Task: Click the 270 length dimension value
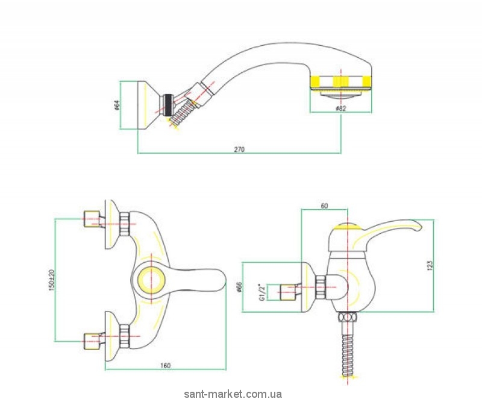pos(239,149)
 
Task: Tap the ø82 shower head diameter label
pos(340,108)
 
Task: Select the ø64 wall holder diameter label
pos(116,105)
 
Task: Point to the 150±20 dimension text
pos(51,280)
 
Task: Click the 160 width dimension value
pos(165,366)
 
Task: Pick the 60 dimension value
pos(324,206)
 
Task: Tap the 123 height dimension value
pos(430,265)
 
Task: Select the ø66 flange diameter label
pos(240,287)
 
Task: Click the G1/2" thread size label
pos(262,292)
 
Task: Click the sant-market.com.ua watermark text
pos(233,394)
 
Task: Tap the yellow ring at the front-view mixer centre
pos(152,280)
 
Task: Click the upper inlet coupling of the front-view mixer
pos(92,219)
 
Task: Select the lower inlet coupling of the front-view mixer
pos(92,341)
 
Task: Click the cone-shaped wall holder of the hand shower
pos(148,105)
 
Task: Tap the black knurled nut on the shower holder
pos(168,105)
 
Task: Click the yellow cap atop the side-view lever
pos(347,227)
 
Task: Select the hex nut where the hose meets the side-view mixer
pos(348,317)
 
